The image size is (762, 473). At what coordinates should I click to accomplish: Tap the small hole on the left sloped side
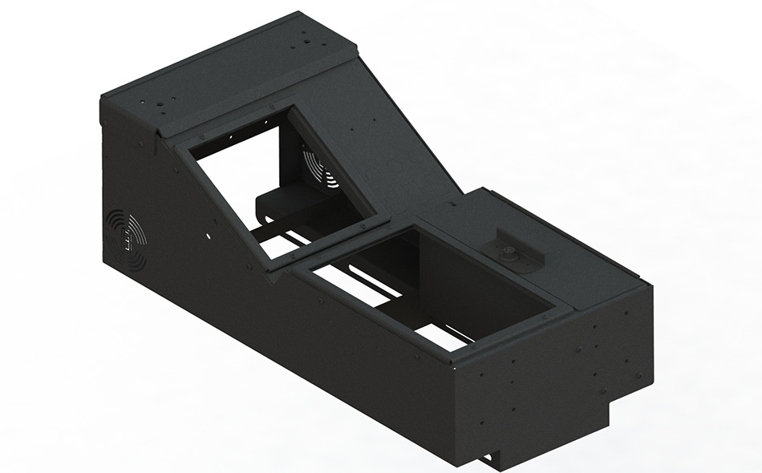coord(208,236)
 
